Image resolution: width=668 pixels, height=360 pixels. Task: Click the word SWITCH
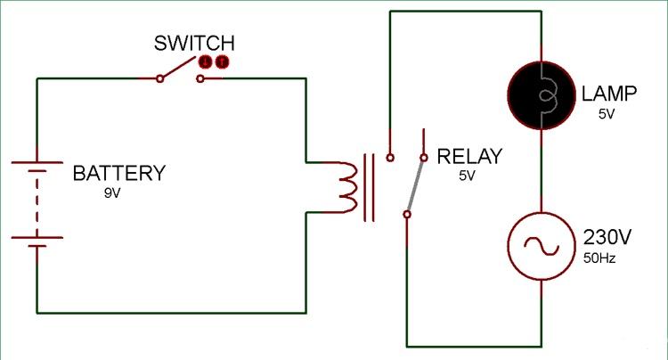[194, 43]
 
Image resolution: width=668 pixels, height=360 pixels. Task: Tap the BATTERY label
[118, 174]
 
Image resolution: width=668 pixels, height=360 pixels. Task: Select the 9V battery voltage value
[112, 193]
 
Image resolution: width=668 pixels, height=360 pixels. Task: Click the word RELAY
[469, 157]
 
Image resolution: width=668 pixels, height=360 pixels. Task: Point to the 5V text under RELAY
[467, 176]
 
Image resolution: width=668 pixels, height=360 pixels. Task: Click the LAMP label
[609, 94]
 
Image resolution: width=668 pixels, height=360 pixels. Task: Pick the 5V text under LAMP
[607, 114]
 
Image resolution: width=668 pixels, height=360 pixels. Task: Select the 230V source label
[607, 237]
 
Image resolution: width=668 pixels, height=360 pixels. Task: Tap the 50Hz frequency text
[599, 258]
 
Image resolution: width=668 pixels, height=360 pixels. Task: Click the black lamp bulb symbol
[541, 95]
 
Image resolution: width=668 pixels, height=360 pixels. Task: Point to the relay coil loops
[347, 186]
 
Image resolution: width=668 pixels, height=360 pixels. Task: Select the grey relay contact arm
[415, 185]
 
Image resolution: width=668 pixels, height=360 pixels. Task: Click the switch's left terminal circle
[159, 78]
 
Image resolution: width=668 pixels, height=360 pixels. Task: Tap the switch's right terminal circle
[200, 78]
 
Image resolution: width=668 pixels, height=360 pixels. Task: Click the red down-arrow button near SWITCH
[206, 62]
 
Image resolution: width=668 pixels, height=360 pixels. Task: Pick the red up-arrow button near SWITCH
[222, 62]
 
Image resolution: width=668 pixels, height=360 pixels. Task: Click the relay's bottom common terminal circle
[407, 214]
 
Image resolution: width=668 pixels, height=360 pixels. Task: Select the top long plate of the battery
[37, 162]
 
